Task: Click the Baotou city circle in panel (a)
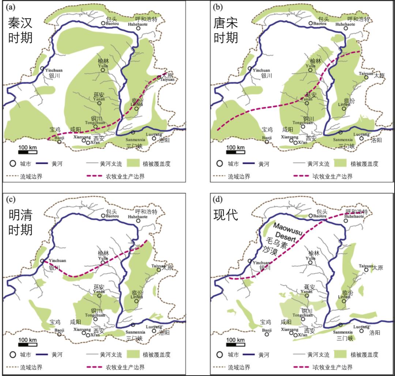click(103, 23)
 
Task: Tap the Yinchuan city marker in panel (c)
click(42, 261)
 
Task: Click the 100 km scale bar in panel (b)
click(236, 151)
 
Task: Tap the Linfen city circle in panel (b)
click(343, 108)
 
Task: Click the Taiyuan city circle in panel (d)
click(366, 270)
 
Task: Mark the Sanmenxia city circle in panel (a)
click(133, 132)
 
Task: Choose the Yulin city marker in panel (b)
click(311, 70)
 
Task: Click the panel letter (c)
click(8, 200)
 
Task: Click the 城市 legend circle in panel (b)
click(219, 164)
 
